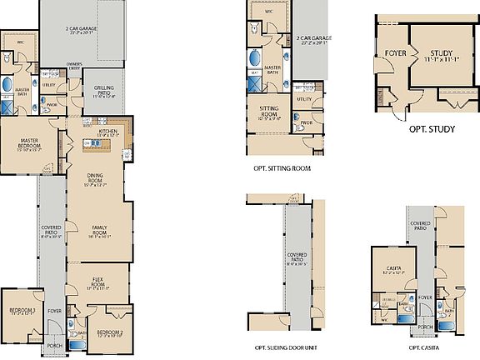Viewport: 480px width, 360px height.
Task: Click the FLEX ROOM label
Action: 98,283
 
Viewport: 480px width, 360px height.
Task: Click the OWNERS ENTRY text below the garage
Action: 75,67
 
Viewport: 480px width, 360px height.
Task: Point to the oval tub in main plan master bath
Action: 7,84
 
